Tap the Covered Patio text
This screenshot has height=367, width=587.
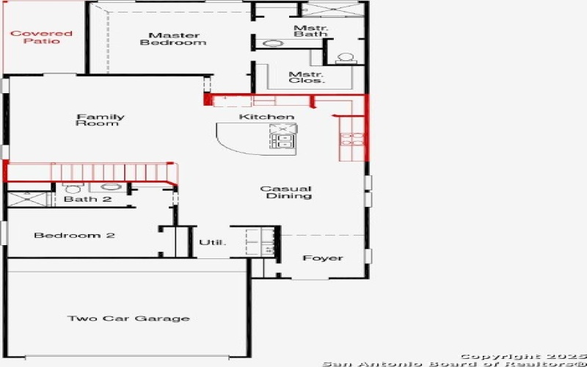pyautogui.click(x=41, y=37)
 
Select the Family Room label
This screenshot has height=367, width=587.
pyautogui.click(x=101, y=120)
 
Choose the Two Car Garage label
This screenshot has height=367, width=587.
pyautogui.click(x=128, y=319)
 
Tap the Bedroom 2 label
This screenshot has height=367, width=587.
pyautogui.click(x=65, y=236)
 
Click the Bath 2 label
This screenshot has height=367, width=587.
pyautogui.click(x=87, y=200)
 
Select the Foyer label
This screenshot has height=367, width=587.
pyautogui.click(x=323, y=258)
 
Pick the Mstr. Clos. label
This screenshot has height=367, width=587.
pyautogui.click(x=306, y=77)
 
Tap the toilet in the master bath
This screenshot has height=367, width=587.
pyautogui.click(x=343, y=57)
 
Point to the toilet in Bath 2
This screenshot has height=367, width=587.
pyautogui.click(x=73, y=189)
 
